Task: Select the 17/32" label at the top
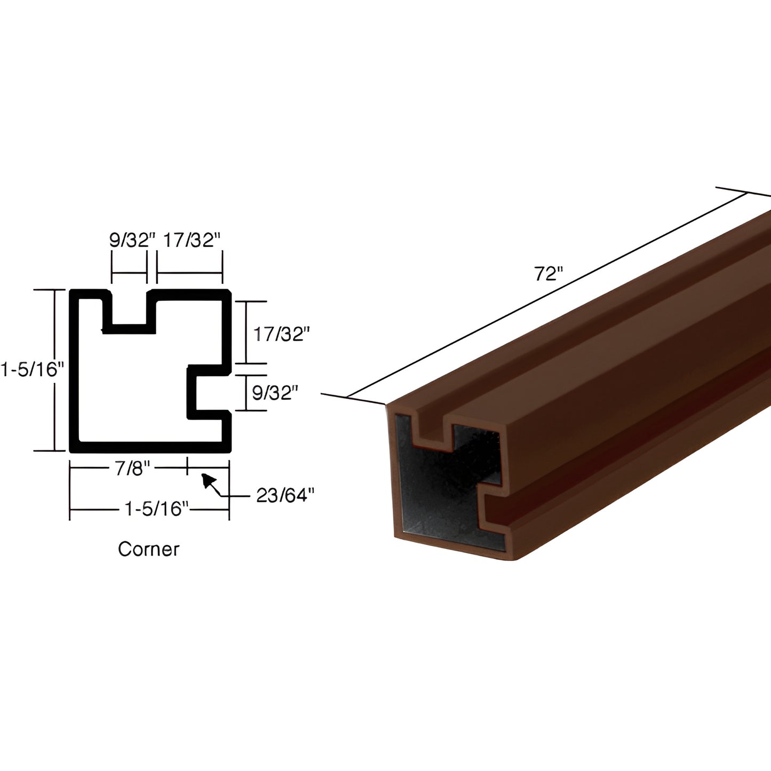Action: tap(191, 241)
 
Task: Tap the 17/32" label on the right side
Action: tap(281, 334)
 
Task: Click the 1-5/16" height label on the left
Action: tap(32, 369)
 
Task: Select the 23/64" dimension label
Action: tap(285, 496)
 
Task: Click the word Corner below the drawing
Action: tap(148, 549)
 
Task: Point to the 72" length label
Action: tap(549, 274)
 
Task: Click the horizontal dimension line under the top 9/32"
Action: tap(129, 273)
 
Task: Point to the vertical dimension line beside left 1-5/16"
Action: tap(54, 369)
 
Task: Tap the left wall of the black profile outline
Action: tap(74, 369)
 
